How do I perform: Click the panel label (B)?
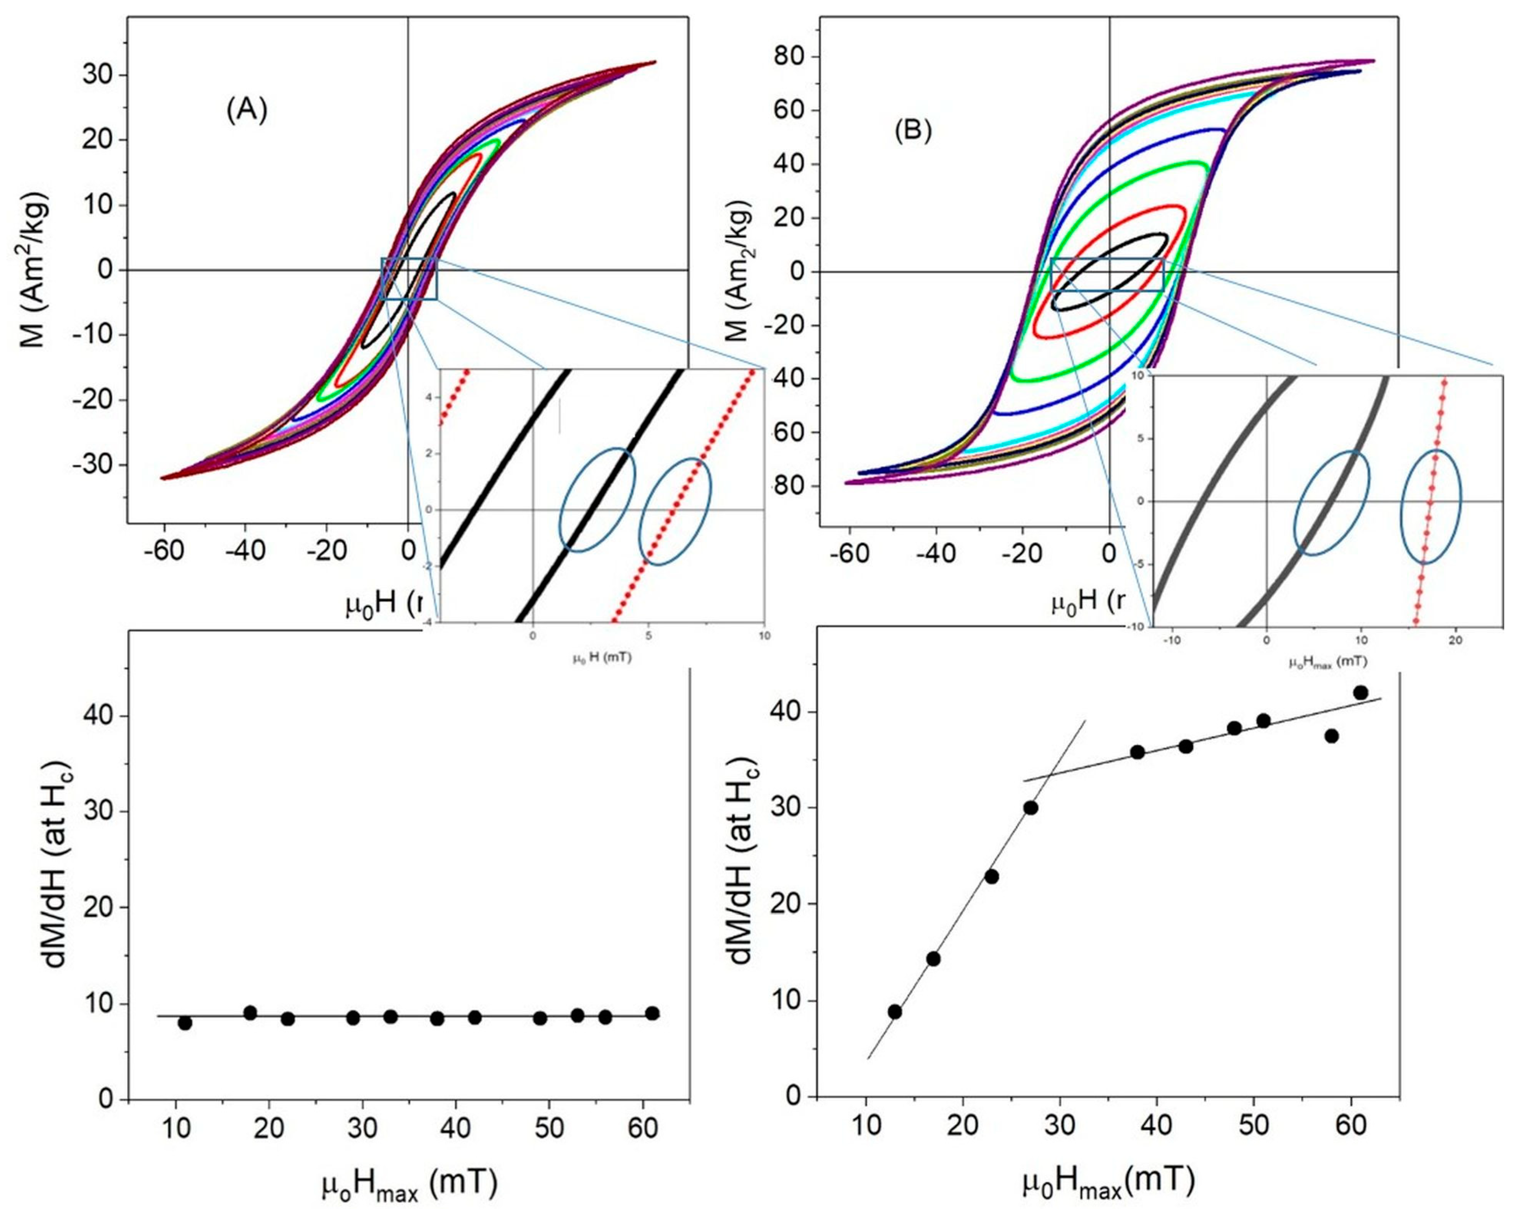pos(913,132)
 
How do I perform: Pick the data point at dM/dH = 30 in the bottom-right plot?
pos(1031,808)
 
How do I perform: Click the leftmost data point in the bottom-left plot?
pos(185,1023)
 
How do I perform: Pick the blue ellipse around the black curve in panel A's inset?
pos(597,500)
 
